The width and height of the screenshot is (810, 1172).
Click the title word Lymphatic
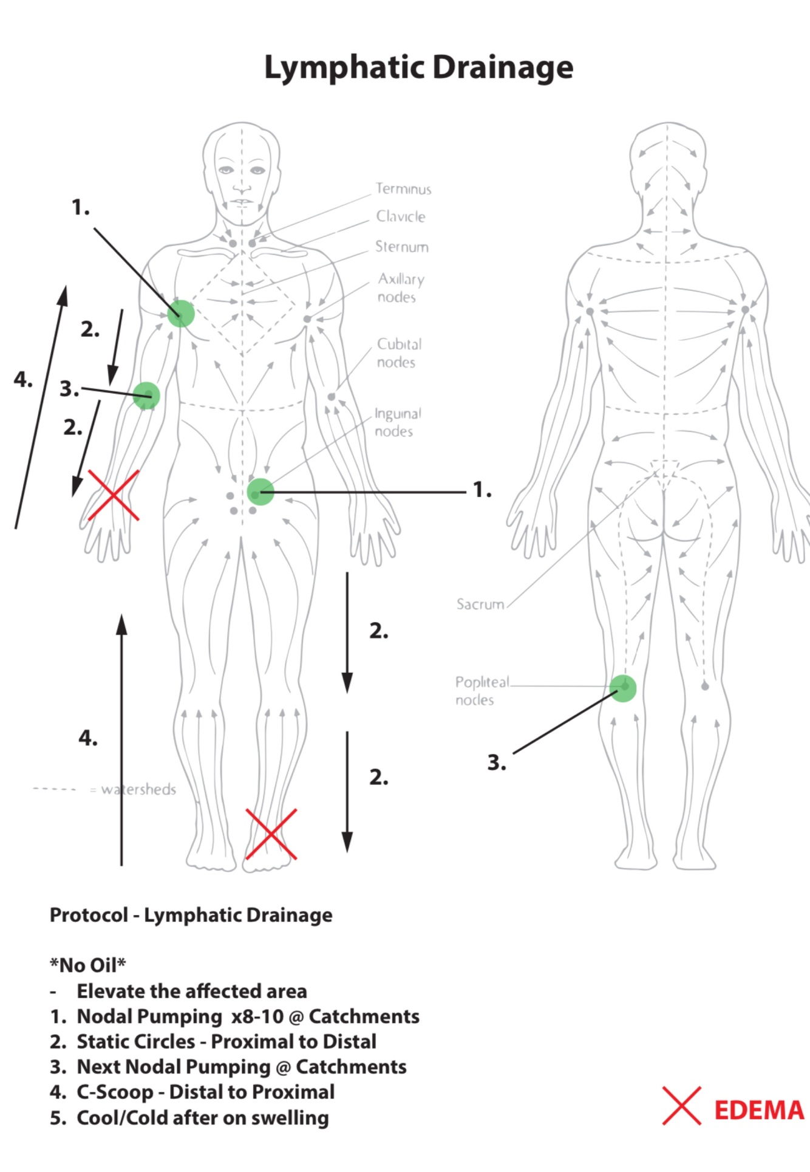[x=345, y=67]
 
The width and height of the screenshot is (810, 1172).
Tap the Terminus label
[x=403, y=189]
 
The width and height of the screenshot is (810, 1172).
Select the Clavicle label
[x=401, y=216]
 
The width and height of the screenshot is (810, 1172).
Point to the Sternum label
[x=402, y=247]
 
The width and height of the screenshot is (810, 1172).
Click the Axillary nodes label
[x=400, y=287]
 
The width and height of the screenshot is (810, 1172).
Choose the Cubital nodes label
[x=398, y=353]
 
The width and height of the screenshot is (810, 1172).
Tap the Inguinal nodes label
[x=397, y=422]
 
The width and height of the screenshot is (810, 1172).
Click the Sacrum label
[x=480, y=604]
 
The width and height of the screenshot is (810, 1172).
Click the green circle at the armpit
[x=181, y=314]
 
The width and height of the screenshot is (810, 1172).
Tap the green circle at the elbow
[x=146, y=396]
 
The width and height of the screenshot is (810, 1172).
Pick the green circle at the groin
[x=260, y=492]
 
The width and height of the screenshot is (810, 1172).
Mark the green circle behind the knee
[x=622, y=688]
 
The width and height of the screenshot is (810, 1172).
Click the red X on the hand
[x=114, y=495]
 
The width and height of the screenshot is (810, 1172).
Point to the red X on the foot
[x=271, y=834]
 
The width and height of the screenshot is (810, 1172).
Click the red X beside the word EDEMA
[x=681, y=1105]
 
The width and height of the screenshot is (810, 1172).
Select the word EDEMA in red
[x=758, y=1110]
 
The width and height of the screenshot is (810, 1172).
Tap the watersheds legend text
[x=138, y=789]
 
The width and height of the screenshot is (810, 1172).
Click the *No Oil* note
[x=88, y=964]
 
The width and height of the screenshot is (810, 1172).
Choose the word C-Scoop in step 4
[x=115, y=1092]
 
